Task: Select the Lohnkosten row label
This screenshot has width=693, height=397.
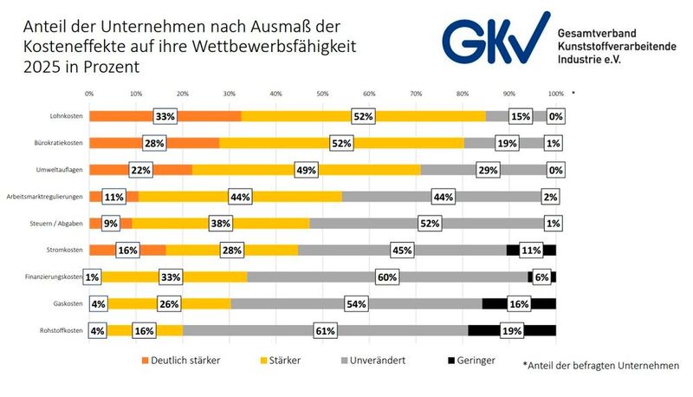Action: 66,116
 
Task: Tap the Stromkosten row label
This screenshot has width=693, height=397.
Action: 65,251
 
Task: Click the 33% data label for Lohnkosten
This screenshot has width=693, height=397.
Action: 165,116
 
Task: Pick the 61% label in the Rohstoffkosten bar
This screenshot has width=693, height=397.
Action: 326,330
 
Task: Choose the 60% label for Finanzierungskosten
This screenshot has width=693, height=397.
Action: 386,277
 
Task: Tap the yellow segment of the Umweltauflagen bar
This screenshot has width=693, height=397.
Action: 260,170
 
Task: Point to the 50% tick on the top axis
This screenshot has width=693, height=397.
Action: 322,93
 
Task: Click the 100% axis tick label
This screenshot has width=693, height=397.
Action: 555,93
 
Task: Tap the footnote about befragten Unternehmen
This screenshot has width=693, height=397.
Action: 601,366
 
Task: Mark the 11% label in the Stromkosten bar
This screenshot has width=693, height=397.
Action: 530,251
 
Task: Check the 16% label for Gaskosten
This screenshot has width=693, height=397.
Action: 518,304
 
